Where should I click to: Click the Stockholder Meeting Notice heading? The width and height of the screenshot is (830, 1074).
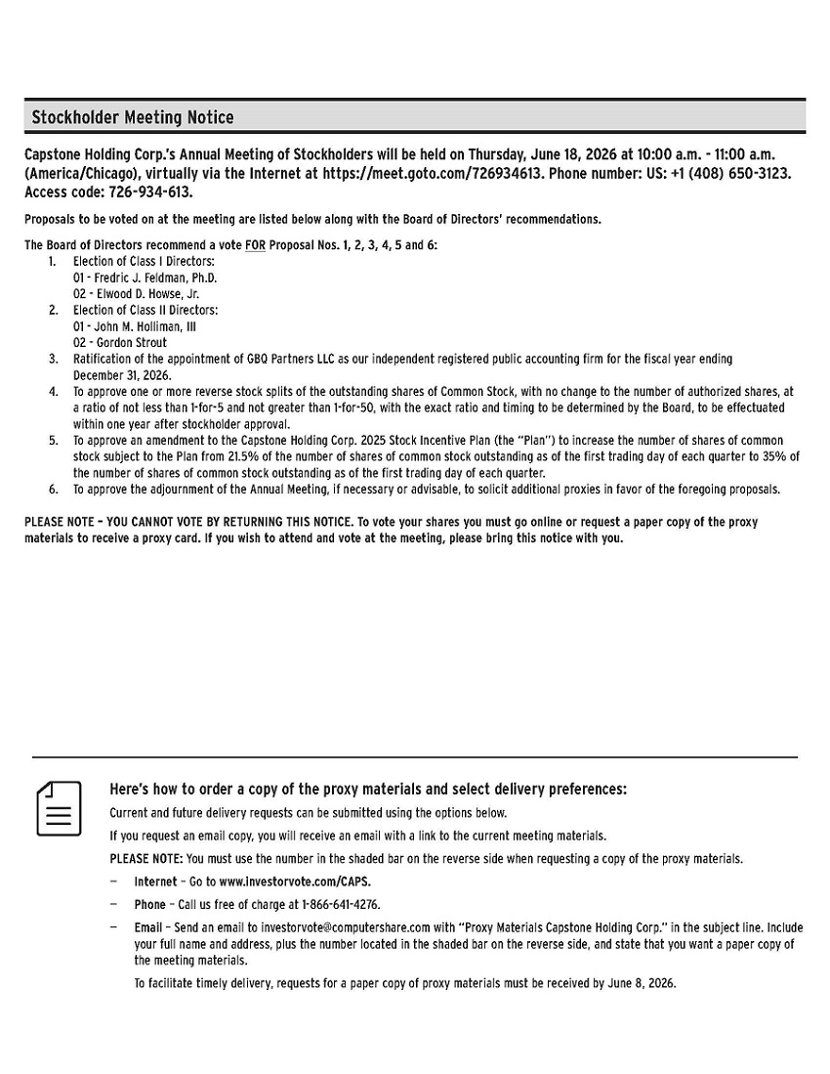(133, 118)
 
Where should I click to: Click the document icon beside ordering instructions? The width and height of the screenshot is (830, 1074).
(59, 808)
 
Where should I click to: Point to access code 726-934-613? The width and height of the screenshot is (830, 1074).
(148, 192)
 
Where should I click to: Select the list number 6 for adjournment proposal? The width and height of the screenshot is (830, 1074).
(54, 490)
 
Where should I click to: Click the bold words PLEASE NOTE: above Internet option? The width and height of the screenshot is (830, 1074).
(145, 859)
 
